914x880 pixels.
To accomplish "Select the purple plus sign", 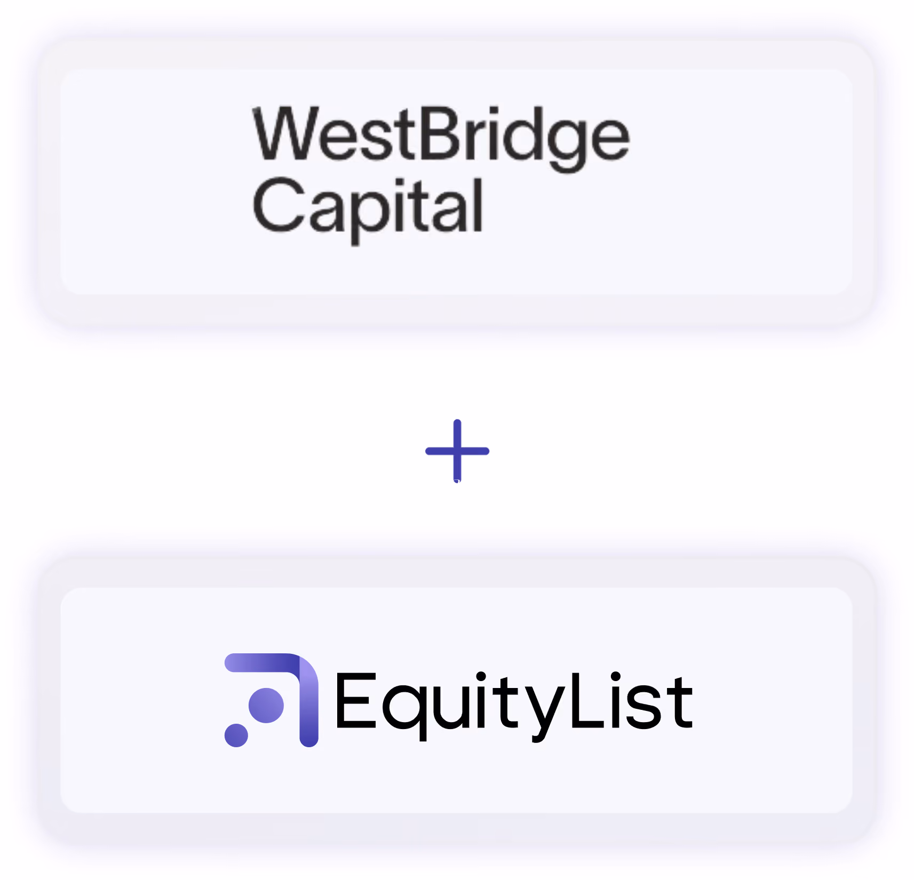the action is coord(457,451).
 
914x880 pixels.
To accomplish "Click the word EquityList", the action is coord(514,706).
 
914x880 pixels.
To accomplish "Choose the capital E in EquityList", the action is coord(356,700).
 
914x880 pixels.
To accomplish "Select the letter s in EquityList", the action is coord(643,708).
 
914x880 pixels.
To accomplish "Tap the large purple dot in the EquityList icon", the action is coord(266,705).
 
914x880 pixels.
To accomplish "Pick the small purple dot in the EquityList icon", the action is coord(236,735).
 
